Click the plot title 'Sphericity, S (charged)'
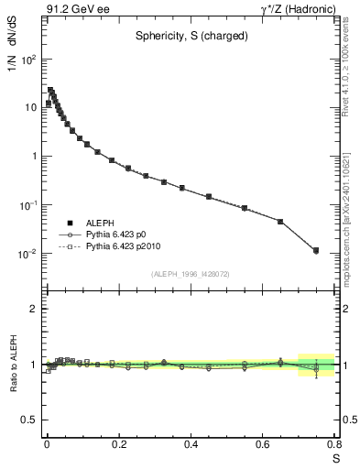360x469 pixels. [x=190, y=38]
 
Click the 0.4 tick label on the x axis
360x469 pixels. [x=191, y=445]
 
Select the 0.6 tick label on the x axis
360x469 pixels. [x=263, y=445]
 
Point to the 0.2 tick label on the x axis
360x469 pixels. [x=118, y=445]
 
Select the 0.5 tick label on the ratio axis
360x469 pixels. [x=28, y=420]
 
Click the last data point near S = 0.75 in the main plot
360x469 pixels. [x=316, y=250]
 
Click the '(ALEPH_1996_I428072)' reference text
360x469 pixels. [x=190, y=273]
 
